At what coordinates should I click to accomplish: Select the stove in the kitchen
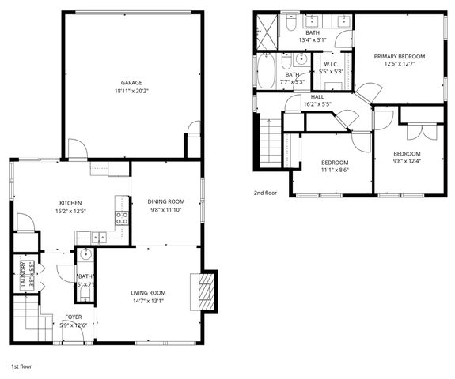click(122, 219)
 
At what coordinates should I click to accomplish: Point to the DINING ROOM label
click(165, 201)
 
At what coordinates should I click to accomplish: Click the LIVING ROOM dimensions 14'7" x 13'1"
click(148, 301)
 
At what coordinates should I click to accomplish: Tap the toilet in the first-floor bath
click(85, 294)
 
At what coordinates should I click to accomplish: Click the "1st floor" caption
click(21, 367)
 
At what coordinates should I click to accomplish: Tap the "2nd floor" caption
click(265, 193)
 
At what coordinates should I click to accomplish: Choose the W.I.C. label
click(331, 64)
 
